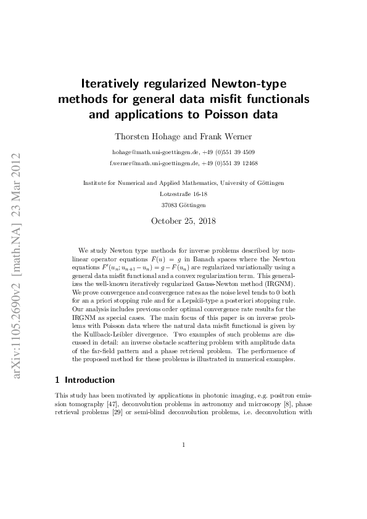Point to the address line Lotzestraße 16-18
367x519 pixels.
[x=183, y=193]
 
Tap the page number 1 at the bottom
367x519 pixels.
[x=183, y=444]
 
